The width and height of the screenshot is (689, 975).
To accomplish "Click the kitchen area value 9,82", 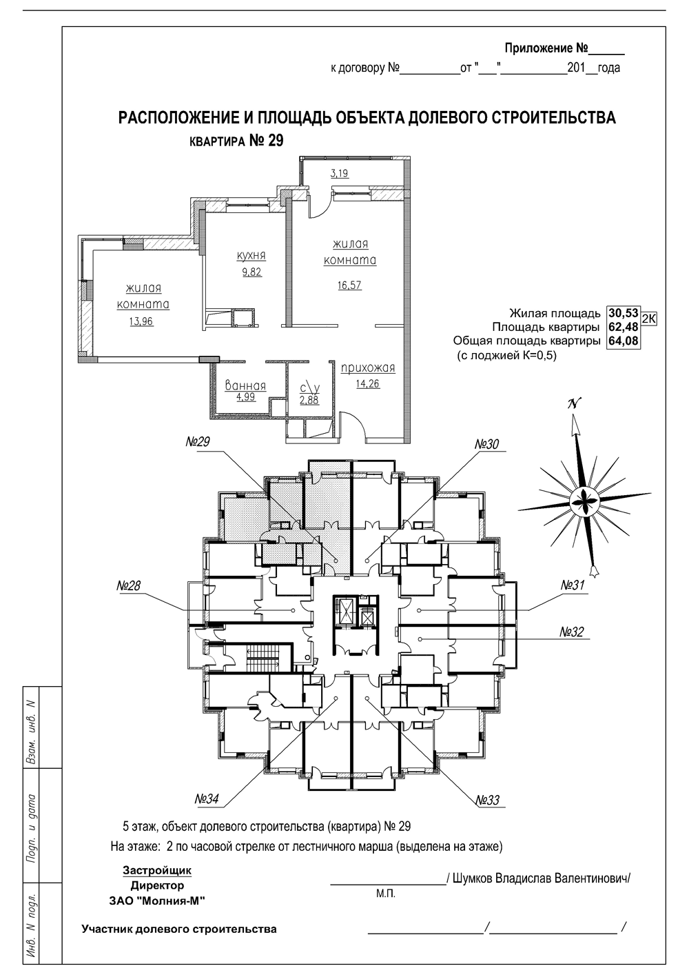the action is tap(251, 272).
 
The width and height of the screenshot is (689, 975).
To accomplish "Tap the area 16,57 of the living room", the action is tap(350, 285).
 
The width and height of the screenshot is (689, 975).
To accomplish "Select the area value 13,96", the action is tap(141, 321).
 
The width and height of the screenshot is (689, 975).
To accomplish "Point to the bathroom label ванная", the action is tap(245, 385).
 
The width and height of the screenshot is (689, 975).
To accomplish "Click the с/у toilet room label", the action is tap(310, 388).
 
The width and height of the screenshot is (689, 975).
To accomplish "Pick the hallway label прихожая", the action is tap(368, 368).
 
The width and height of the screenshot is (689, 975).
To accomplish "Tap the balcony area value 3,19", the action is tap(339, 173).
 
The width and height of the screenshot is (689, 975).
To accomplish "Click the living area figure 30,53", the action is tap(624, 313).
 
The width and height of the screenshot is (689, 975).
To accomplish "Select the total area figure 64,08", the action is tap(624, 341).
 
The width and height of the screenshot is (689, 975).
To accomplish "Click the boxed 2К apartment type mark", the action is tap(649, 319).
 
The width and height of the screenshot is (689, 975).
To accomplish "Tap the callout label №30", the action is tap(486, 445).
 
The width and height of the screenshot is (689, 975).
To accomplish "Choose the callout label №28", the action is tap(128, 585).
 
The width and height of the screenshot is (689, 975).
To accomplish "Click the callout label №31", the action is tap(573, 585).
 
